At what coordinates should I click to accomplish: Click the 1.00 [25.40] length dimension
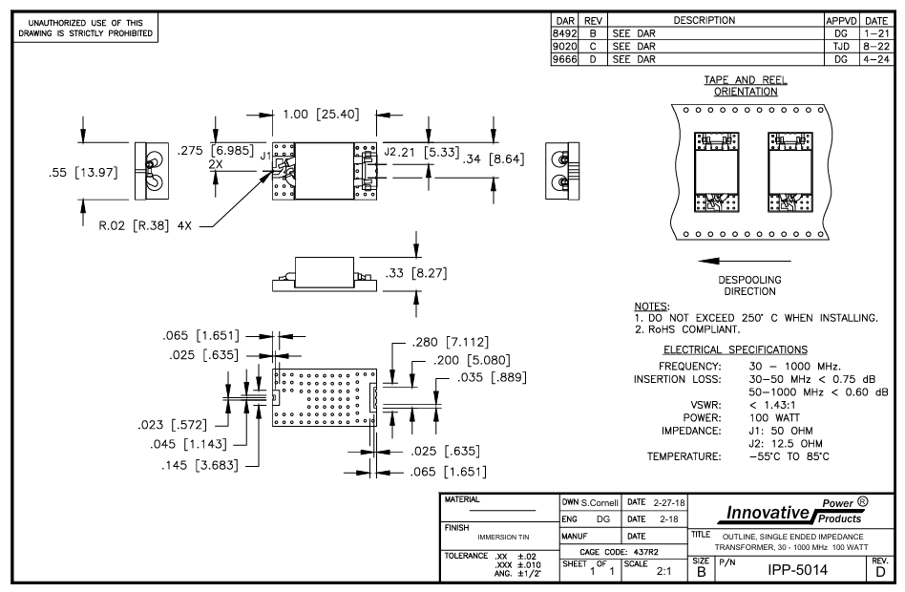tap(320, 115)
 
